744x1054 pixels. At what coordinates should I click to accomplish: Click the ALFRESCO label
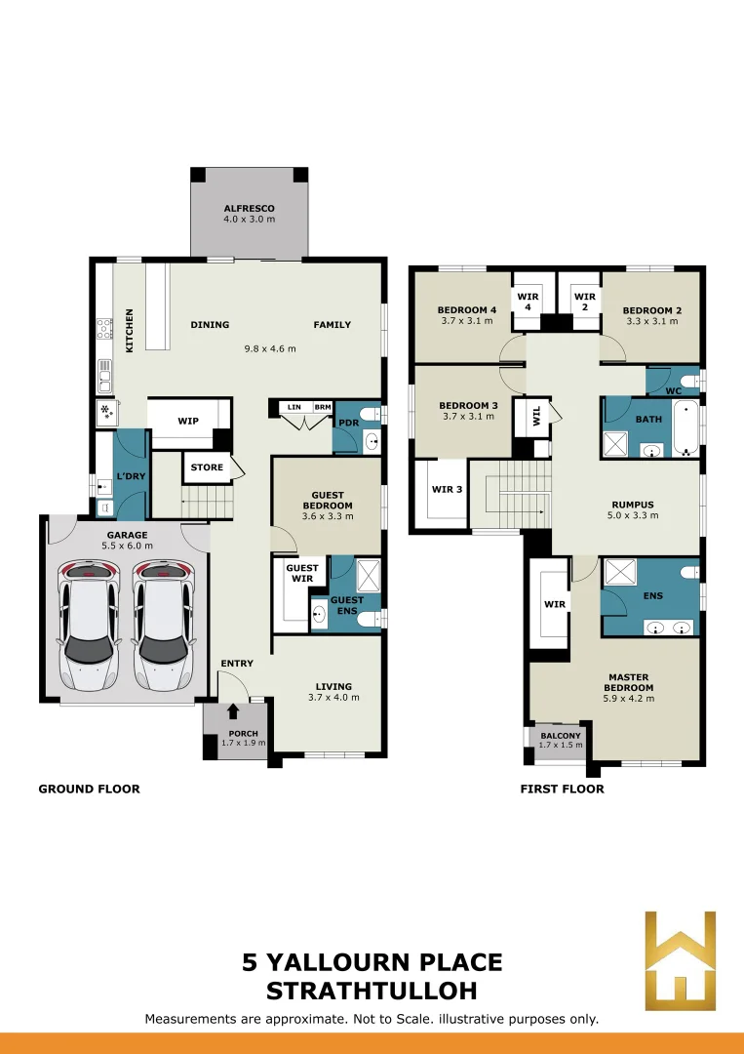coord(249,209)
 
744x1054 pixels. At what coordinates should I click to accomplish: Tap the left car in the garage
coord(88,627)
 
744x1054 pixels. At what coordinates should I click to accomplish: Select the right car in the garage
coord(161,627)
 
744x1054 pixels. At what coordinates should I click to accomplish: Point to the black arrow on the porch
coord(234,711)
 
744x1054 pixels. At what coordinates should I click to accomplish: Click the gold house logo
coord(681,960)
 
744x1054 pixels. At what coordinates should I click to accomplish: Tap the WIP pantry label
coord(188,421)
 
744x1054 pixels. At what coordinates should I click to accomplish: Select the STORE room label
coord(207,467)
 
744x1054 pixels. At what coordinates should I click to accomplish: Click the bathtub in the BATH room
coord(685,428)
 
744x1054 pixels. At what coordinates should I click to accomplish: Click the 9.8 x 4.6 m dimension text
coord(270,348)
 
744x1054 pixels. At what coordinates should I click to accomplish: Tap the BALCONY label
coord(561,736)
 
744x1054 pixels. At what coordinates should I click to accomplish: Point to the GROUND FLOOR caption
coord(90,790)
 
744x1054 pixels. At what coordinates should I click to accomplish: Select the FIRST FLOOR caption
coord(562,790)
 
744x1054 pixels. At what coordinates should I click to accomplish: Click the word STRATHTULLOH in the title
coord(372,991)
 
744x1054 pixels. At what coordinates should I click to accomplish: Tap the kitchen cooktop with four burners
coord(104,329)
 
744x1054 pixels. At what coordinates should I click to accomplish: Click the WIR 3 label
coord(447,489)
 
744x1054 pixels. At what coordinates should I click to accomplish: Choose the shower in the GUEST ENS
coord(368,574)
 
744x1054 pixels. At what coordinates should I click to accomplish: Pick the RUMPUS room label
coord(633,505)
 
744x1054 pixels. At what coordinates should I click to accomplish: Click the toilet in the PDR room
coord(371,414)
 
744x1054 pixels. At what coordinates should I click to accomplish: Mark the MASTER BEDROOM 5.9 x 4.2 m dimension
coord(629,699)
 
